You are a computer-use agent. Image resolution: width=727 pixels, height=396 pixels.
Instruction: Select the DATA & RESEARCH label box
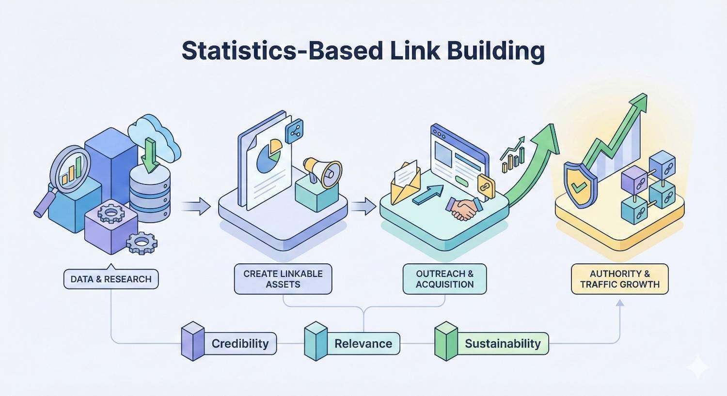(x=111, y=279)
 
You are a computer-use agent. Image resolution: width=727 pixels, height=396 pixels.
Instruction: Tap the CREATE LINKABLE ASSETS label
(x=283, y=279)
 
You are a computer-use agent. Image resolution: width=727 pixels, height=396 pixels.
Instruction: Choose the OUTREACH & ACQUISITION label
(x=444, y=279)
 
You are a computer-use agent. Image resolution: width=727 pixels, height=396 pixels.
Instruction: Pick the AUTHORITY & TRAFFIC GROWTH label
(x=620, y=279)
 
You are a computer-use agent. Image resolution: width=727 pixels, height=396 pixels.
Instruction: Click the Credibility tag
(x=240, y=344)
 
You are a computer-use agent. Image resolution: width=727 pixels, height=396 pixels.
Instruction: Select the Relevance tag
(x=363, y=344)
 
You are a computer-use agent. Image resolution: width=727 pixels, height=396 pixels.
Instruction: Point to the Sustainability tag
(x=503, y=344)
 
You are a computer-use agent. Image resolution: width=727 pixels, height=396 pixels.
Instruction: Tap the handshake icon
(x=463, y=208)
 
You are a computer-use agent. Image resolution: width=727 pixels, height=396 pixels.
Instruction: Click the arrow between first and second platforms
(x=196, y=207)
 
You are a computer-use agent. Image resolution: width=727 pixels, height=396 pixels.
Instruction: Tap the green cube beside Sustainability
(x=446, y=342)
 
